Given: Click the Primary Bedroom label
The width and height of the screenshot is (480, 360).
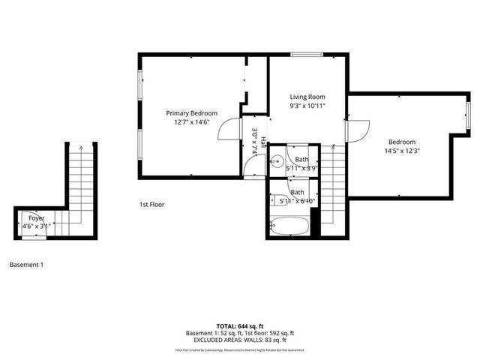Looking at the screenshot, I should pyautogui.click(x=191, y=112).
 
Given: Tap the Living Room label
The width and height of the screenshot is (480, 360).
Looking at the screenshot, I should pyautogui.click(x=307, y=97).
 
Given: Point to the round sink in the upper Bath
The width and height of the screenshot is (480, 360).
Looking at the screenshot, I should pyautogui.click(x=276, y=159).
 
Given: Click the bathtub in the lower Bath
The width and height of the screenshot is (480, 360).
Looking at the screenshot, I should pyautogui.click(x=289, y=225).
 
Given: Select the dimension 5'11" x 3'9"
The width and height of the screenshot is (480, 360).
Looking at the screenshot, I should pyautogui.click(x=302, y=169).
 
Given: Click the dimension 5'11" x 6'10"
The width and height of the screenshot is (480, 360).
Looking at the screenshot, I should pyautogui.click(x=296, y=202).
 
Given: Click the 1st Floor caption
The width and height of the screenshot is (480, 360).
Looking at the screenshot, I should pyautogui.click(x=151, y=204).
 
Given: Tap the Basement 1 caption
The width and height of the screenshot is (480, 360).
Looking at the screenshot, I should pyautogui.click(x=27, y=264).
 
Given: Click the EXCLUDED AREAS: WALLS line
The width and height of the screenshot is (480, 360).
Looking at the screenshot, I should pyautogui.click(x=240, y=340).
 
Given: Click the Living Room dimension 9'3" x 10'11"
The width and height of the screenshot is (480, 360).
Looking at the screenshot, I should pyautogui.click(x=307, y=106).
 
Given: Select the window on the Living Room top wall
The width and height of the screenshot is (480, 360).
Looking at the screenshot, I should pyautogui.click(x=303, y=54).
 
